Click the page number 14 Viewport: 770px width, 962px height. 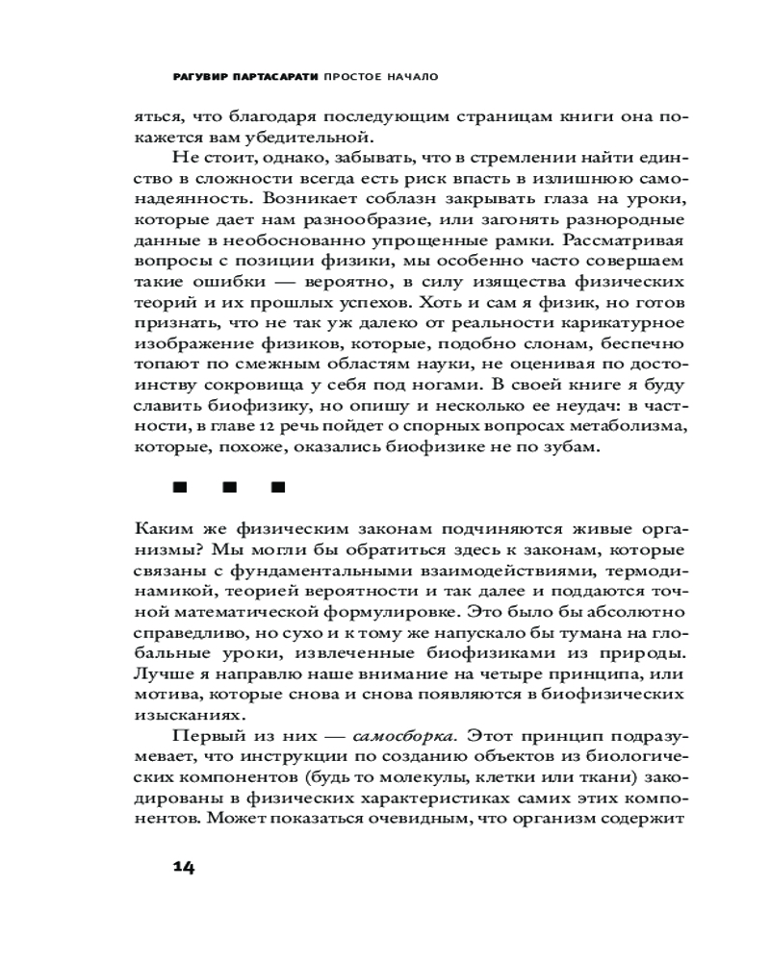pyautogui.click(x=184, y=867)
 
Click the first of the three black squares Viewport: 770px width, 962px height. pyautogui.click(x=178, y=487)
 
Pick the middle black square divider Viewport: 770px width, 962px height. pyautogui.click(x=229, y=487)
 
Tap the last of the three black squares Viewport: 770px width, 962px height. pyautogui.click(x=279, y=487)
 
